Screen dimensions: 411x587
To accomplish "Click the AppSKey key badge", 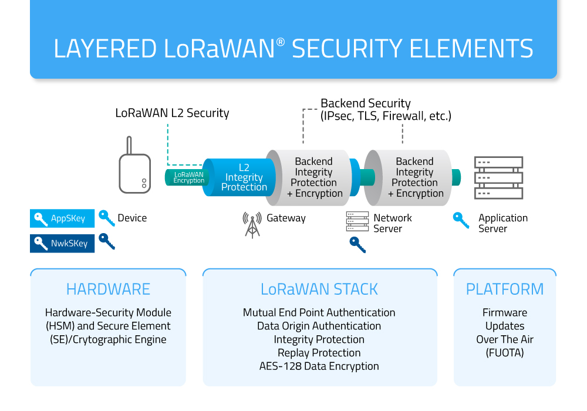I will coord(62,218).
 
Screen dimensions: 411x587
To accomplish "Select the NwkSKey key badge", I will coord(62,243).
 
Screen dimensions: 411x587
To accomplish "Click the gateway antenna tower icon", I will coord(252,224).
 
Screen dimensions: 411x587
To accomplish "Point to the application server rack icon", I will coord(498,177).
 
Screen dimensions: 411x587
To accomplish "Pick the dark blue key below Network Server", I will coord(357,244).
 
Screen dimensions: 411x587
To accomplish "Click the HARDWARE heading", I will coord(108,289).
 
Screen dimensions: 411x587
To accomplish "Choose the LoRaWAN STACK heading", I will coord(319,289).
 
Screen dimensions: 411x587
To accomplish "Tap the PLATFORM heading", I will coord(505,289).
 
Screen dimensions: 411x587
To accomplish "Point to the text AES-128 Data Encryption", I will coord(319,366).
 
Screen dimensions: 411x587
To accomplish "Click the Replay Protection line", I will coord(319,353).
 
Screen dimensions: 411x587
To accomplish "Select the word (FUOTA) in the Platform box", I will coord(505,353).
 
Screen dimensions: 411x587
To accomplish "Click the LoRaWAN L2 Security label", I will coord(172,113).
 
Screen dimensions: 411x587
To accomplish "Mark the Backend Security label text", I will coord(366,104).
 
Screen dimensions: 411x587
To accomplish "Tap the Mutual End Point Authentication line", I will coord(319,312).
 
